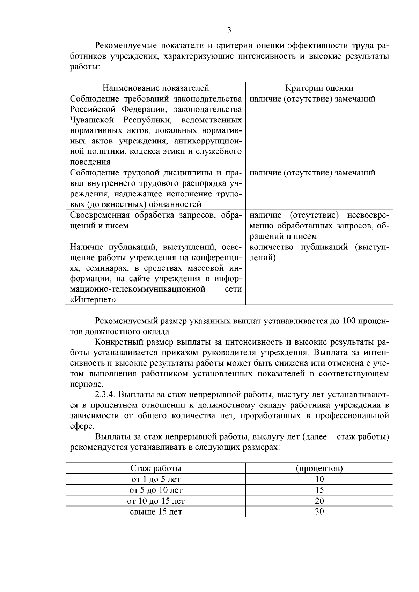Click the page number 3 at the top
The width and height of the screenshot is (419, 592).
tap(229, 30)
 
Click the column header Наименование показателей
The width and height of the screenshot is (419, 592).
tap(155, 88)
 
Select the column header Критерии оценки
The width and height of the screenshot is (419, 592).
tap(319, 88)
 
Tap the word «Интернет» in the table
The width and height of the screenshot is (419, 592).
tap(93, 300)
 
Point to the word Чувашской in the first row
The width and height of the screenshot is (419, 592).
tap(92, 120)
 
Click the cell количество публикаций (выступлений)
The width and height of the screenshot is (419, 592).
tap(319, 252)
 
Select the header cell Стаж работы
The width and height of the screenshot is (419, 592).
tap(155, 468)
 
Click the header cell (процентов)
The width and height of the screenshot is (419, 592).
tap(319, 468)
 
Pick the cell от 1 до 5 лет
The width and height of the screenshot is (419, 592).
tap(155, 479)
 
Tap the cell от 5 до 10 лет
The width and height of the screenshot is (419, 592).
tap(155, 490)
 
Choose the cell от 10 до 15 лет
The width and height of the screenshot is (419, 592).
tap(155, 501)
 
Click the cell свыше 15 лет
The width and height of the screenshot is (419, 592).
tap(155, 512)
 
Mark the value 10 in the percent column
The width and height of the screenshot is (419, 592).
tap(319, 479)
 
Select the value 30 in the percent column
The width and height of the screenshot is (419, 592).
tap(319, 512)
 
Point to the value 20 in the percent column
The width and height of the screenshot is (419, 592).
tap(319, 501)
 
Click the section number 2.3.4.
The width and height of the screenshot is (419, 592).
tap(105, 395)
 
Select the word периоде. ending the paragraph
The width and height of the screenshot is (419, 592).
tap(87, 384)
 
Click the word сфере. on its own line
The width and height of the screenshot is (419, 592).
tap(82, 426)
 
